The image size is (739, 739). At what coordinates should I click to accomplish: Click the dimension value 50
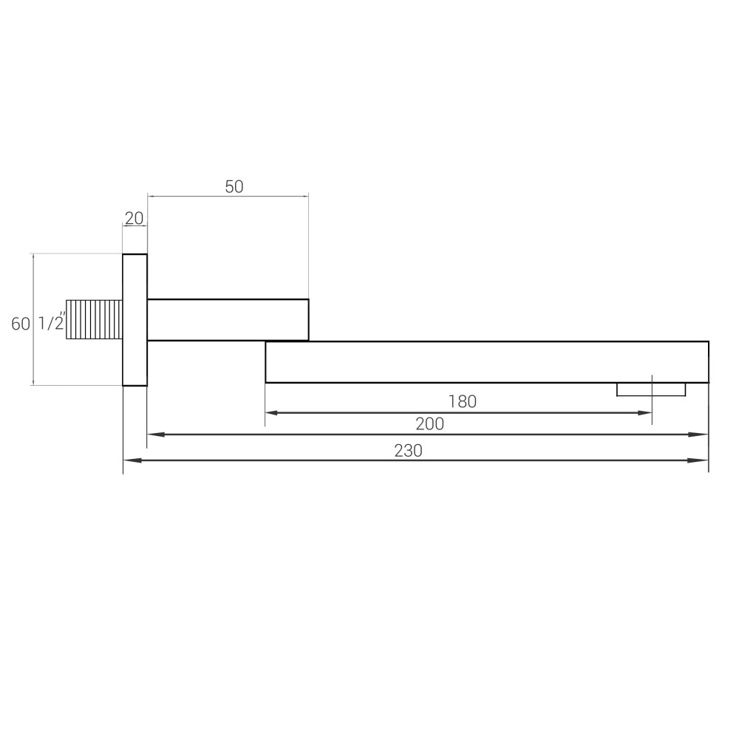click(234, 187)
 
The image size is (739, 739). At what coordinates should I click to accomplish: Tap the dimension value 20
click(134, 218)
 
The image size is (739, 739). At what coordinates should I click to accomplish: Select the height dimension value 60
click(20, 324)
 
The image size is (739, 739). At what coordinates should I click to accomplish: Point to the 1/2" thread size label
click(52, 324)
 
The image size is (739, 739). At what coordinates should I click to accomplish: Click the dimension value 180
click(463, 402)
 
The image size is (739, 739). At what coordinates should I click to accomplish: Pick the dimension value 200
click(429, 424)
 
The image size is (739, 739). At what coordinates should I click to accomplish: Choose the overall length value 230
click(408, 451)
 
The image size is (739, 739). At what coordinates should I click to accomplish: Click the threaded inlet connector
click(94, 319)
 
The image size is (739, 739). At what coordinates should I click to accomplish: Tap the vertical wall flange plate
click(134, 319)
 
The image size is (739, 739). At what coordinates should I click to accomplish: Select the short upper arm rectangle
click(228, 319)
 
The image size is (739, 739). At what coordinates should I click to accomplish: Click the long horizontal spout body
click(486, 362)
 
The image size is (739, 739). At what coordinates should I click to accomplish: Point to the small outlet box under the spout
click(651, 389)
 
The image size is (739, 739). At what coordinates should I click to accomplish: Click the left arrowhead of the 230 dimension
click(130, 460)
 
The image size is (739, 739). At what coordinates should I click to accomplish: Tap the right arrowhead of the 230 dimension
click(701, 460)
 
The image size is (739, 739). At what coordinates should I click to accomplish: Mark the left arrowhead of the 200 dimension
click(154, 435)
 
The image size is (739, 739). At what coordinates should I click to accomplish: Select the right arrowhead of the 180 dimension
click(645, 412)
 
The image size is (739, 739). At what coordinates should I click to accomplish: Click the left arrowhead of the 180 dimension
click(272, 412)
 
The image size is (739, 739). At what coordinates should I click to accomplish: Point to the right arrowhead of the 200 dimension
click(701, 435)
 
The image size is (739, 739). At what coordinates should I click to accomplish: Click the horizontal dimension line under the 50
click(228, 197)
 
